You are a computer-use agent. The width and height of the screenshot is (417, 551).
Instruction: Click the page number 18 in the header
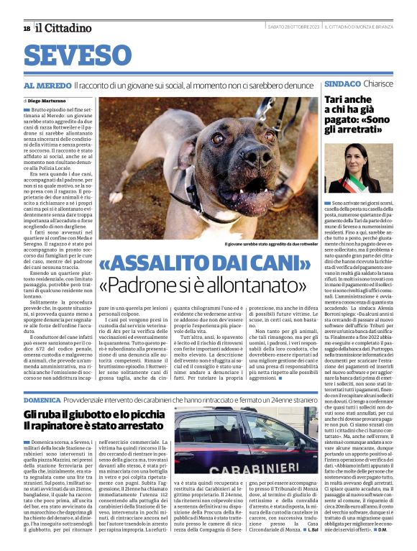27,28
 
